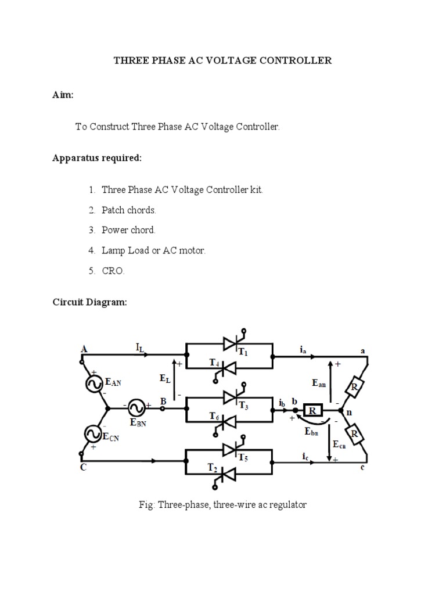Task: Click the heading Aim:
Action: (63, 95)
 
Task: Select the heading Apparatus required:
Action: (97, 158)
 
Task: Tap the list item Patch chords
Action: (129, 210)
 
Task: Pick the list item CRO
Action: (113, 271)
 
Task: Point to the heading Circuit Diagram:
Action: (89, 302)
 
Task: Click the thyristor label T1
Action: (242, 353)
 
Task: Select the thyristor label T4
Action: (213, 363)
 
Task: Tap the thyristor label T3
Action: (242, 407)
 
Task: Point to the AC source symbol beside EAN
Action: (92, 383)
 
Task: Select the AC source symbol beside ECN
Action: (92, 433)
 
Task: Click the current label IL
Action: (141, 348)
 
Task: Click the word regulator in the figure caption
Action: (286, 505)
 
